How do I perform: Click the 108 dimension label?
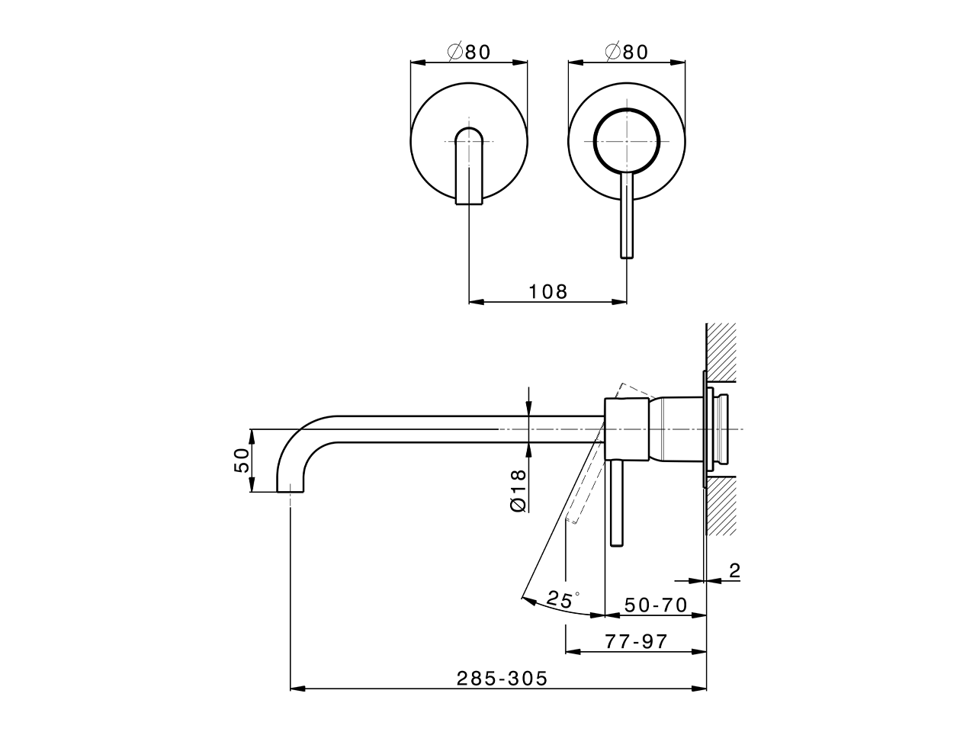coord(547,292)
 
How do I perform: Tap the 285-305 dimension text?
coord(502,679)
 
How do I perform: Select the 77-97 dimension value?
coord(636,641)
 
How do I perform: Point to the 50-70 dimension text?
coord(656,605)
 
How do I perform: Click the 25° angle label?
coord(563,599)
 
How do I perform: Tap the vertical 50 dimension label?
coord(242,461)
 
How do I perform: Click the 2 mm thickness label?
coord(734,570)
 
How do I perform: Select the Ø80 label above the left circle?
coord(469,52)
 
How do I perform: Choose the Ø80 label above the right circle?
coord(627,52)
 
